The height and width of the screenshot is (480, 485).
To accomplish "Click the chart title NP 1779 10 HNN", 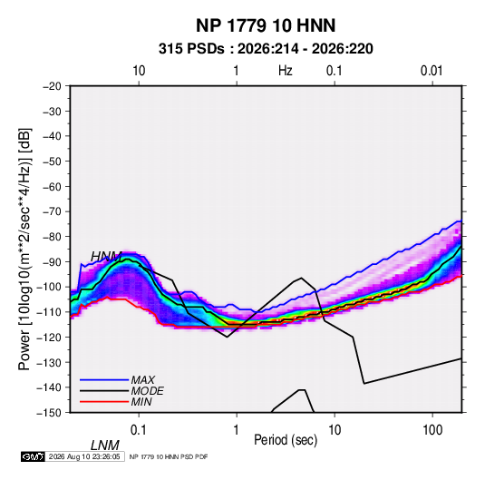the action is pyautogui.click(x=266, y=25).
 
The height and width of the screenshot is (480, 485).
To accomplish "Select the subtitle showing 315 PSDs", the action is pyautogui.click(x=266, y=49).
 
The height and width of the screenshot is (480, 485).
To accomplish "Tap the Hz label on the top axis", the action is pyautogui.click(x=285, y=71).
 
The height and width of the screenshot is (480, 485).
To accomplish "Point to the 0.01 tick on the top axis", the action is pyautogui.click(x=432, y=71).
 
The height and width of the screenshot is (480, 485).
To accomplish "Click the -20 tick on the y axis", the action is pyautogui.click(x=52, y=86).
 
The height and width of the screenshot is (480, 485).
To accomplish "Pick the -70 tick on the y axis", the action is pyautogui.click(x=52, y=211).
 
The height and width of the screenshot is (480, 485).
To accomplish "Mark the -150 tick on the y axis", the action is pyautogui.click(x=49, y=413).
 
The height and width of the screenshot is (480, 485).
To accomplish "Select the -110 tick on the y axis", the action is pyautogui.click(x=49, y=312).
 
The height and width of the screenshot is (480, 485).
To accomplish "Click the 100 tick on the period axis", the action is pyautogui.click(x=432, y=430).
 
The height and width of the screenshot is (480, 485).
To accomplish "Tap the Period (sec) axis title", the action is pyautogui.click(x=286, y=440).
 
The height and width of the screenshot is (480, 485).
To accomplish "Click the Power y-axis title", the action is pyautogui.click(x=24, y=249).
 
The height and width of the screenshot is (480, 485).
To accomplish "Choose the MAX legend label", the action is pyautogui.click(x=143, y=380).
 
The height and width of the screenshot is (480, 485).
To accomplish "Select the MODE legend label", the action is pyautogui.click(x=147, y=391).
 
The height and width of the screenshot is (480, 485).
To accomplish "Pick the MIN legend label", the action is pyautogui.click(x=141, y=402).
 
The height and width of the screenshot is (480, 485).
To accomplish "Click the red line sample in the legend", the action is pyautogui.click(x=104, y=402).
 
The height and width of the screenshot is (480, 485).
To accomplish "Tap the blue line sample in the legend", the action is pyautogui.click(x=104, y=380).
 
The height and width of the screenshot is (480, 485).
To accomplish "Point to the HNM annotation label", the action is pyautogui.click(x=106, y=257).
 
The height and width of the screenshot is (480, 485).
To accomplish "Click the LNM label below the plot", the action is pyautogui.click(x=105, y=446).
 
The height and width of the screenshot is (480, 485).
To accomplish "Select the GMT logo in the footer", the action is pyautogui.click(x=34, y=456).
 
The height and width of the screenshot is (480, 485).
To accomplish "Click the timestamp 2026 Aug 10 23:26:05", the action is pyautogui.click(x=84, y=456).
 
